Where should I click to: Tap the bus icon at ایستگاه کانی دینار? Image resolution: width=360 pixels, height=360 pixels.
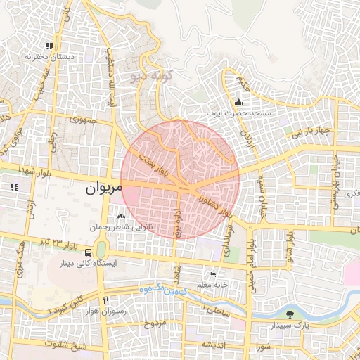pos(89,252)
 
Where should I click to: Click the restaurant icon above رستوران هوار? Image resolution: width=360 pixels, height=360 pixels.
pos(105,299)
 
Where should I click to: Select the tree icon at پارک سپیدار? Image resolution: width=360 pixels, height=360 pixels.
pos(290,314)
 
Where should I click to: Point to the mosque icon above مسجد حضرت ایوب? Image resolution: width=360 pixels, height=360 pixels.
pos(238,101)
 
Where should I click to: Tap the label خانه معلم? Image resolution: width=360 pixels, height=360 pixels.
pos(214,284)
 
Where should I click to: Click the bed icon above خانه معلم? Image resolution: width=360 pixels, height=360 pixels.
pos(213,274)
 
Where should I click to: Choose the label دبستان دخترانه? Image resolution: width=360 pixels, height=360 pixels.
pos(49,55)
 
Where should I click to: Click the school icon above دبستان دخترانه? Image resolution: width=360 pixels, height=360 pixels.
pos(49,45)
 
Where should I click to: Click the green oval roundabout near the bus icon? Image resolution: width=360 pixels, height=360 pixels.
pos(102,250)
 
